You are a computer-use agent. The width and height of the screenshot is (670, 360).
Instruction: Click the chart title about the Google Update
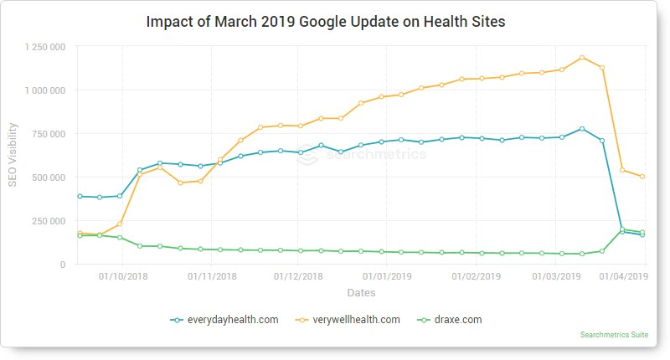coord(326,21)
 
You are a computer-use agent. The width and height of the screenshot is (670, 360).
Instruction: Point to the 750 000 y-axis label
coord(47,134)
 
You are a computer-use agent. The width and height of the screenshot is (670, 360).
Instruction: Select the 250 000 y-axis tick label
coord(47,221)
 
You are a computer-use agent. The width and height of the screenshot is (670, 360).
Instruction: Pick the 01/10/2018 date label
coord(123,275)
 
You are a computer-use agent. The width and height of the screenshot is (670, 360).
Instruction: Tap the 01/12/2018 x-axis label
coord(298,275)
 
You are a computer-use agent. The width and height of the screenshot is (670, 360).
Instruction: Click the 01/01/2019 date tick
coord(388,275)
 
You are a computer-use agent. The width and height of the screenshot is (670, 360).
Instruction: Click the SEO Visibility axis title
coord(13,156)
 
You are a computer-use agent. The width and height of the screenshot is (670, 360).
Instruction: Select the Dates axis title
coord(361,293)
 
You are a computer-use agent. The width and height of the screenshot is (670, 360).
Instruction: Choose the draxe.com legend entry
coord(447,319)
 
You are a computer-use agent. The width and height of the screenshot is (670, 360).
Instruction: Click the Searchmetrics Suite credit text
coord(613,335)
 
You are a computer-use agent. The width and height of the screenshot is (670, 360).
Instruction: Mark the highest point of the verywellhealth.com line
coord(582,58)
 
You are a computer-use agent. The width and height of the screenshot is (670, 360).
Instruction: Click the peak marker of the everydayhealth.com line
coord(582,129)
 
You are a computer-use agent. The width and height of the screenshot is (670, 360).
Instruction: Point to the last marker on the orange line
coord(642,177)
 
